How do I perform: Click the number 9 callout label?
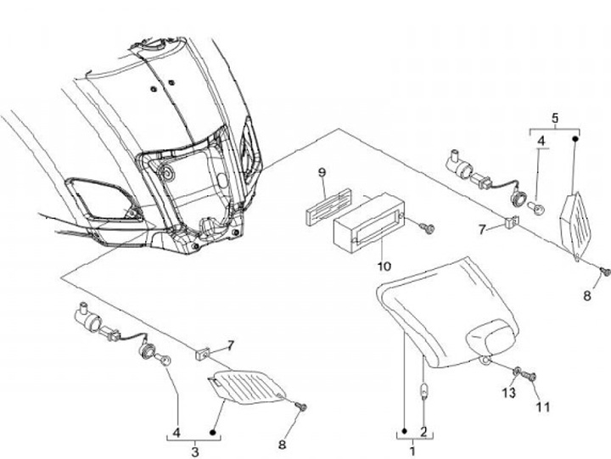pos(322,173)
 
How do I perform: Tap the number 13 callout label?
pos(507,392)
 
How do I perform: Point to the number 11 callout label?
pos(543,406)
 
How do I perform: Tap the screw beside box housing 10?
pos(429,227)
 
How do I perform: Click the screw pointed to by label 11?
pos(531,377)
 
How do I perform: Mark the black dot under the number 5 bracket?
pos(575,137)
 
